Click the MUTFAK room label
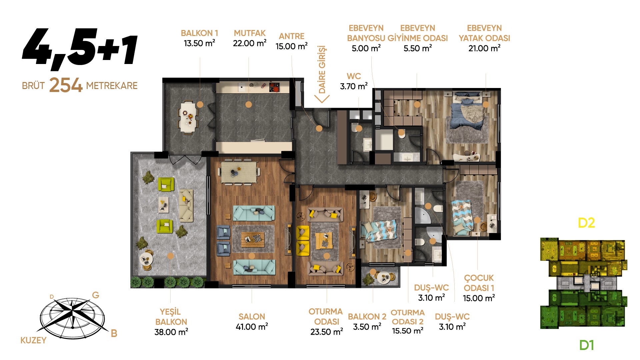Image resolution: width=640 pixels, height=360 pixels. (250, 33)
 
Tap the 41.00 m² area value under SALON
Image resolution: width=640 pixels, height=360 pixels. (252, 327)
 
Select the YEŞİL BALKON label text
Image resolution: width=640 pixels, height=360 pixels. (171, 317)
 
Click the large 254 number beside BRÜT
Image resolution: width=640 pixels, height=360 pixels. (66, 85)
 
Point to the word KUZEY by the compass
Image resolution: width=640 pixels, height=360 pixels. (33, 340)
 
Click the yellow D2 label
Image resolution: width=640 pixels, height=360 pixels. (586, 223)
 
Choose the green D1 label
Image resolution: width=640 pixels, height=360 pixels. (586, 345)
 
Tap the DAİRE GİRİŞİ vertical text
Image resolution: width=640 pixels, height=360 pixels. (322, 69)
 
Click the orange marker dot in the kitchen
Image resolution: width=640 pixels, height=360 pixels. (248, 104)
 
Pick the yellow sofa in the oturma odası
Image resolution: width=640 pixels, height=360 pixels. (303, 241)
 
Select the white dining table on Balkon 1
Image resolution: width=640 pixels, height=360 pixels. (188, 117)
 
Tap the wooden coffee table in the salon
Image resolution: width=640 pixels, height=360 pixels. (253, 239)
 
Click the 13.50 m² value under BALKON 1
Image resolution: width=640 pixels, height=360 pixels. (199, 43)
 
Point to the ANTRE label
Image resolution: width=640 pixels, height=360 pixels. (292, 36)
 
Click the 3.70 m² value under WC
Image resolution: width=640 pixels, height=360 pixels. (354, 86)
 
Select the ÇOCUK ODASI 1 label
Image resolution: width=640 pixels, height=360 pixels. (479, 283)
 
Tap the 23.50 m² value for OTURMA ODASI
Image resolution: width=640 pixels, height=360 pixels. (327, 332)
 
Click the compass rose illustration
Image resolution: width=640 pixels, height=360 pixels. (72, 317)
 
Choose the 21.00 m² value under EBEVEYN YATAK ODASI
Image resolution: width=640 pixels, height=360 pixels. (484, 48)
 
